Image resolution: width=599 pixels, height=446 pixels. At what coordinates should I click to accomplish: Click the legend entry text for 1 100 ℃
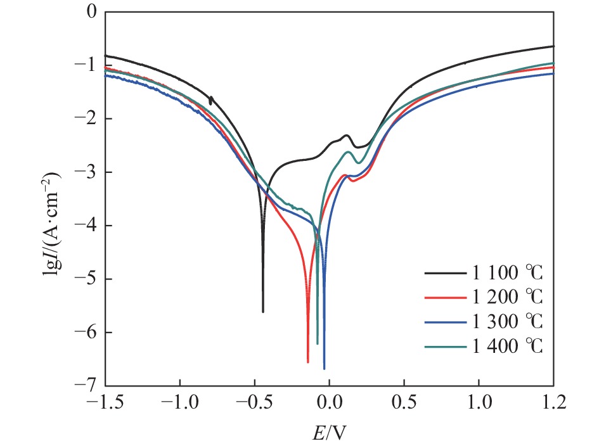(x=508, y=274)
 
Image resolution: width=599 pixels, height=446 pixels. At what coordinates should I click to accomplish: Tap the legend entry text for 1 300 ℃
(x=508, y=322)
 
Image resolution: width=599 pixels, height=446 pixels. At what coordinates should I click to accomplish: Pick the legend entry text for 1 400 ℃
(x=508, y=346)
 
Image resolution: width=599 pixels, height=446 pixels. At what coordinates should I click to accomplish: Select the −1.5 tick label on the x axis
(x=105, y=403)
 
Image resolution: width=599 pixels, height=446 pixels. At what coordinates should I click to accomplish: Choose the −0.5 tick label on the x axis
(x=254, y=403)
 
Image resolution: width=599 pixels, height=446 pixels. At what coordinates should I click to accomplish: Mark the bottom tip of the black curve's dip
(x=263, y=312)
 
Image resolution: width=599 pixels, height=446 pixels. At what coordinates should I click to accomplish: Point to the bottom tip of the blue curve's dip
(x=325, y=368)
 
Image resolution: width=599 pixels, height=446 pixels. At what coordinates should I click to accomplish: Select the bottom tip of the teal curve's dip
(x=318, y=343)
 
